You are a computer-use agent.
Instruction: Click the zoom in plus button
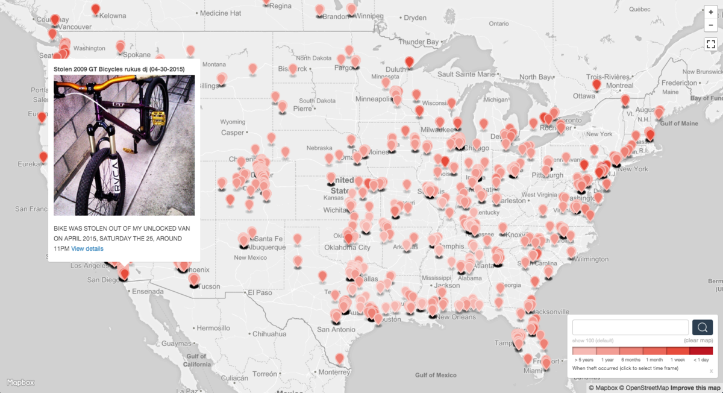click(711, 12)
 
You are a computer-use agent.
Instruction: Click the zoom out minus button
click(711, 25)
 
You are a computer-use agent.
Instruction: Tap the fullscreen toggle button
click(711, 44)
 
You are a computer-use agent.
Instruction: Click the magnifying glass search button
click(703, 327)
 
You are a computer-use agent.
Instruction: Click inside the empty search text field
click(630, 327)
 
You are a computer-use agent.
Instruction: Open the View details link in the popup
click(87, 249)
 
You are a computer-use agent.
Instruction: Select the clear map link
click(698, 341)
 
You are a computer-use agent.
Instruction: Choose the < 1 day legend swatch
click(701, 351)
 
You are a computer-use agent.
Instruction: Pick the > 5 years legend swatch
click(584, 351)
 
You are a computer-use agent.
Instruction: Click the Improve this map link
click(696, 388)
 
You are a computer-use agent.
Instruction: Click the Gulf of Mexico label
click(436, 375)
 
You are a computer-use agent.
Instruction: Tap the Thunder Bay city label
click(419, 42)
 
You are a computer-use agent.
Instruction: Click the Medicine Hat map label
click(221, 13)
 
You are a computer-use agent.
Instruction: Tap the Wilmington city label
click(592, 259)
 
